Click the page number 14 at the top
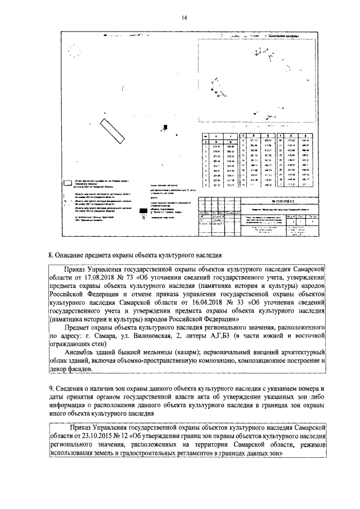(184, 17)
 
